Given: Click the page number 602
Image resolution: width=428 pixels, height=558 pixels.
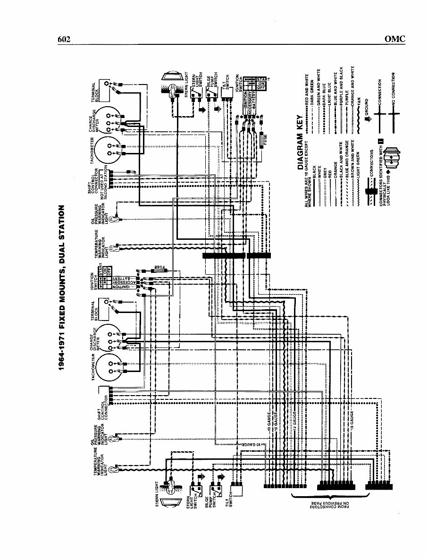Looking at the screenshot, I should (x=64, y=39).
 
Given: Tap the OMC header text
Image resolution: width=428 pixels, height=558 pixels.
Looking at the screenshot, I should (x=394, y=39).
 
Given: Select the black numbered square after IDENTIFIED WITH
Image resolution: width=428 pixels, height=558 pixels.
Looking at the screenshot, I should (x=380, y=141).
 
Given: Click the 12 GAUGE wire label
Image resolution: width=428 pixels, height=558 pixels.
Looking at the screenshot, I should (x=294, y=420).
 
